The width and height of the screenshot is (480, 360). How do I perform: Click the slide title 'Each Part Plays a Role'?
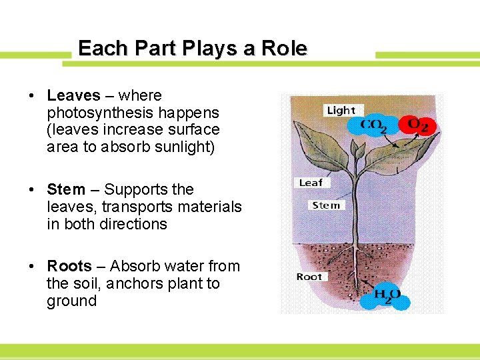tap(192, 49)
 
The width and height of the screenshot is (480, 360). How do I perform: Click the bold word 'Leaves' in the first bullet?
tap(73, 96)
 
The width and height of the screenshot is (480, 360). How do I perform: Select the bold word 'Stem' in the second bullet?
tap(66, 190)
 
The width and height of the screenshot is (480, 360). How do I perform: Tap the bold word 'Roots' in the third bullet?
tap(69, 267)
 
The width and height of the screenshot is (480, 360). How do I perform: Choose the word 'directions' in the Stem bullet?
tap(133, 225)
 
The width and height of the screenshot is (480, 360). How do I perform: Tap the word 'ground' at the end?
tap(71, 301)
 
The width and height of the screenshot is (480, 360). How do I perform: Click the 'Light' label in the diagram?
tap(341, 110)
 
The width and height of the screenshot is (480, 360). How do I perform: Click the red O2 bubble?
tap(417, 125)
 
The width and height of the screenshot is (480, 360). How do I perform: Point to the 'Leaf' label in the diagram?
tap(311, 183)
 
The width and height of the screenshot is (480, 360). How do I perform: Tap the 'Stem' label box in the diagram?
tap(326, 205)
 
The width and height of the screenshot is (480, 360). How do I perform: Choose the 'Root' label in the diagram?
tap(309, 277)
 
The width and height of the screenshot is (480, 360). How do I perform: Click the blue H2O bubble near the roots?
tap(387, 295)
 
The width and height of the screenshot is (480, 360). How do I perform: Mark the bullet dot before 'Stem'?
tap(32, 191)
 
